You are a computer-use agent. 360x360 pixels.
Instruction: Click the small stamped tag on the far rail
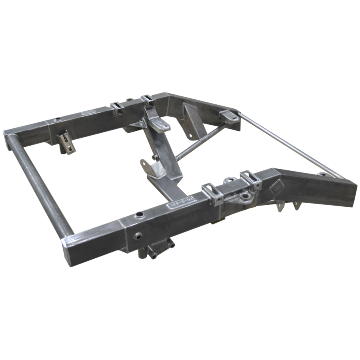tap(89, 112)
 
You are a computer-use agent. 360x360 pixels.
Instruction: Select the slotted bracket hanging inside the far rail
tap(66, 143)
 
